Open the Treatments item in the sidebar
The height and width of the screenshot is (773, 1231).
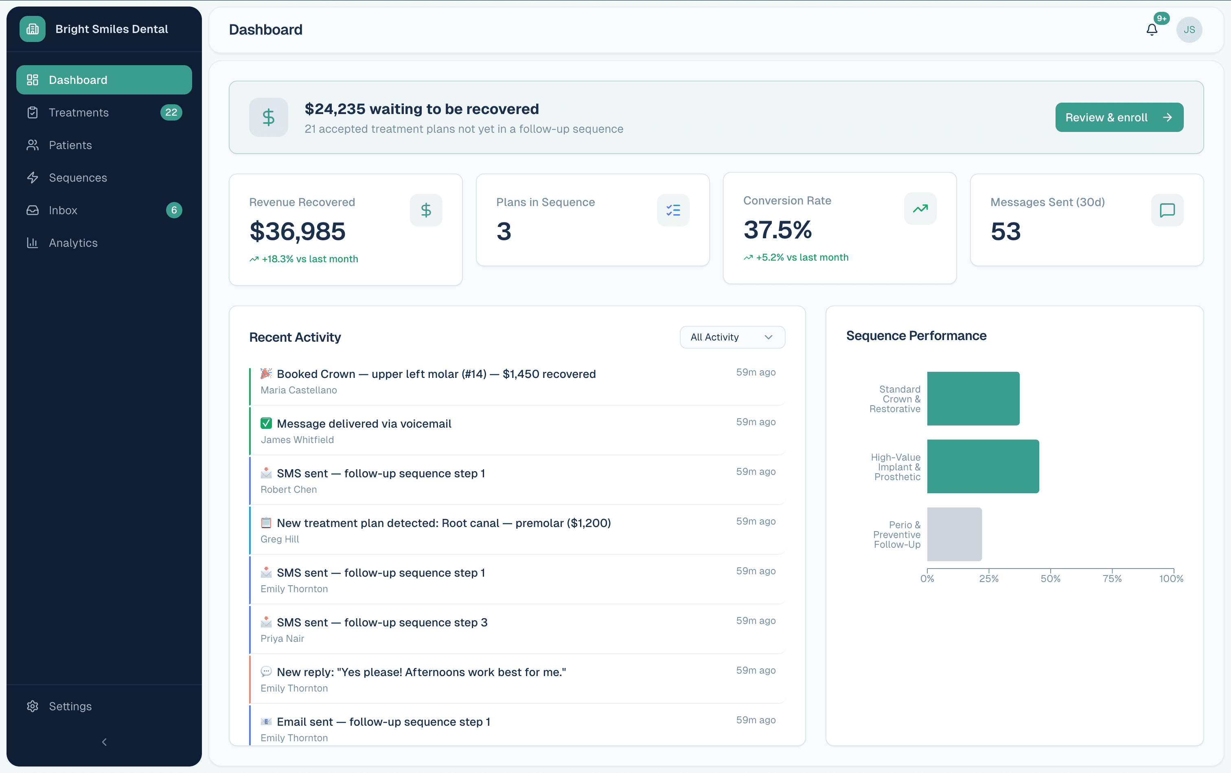click(79, 112)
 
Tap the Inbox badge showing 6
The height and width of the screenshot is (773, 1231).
click(174, 210)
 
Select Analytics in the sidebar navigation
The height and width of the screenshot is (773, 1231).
click(73, 243)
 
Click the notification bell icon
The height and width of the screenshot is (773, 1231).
click(1151, 30)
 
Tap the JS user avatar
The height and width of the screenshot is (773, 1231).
click(1189, 30)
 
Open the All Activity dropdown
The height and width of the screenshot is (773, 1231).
click(732, 337)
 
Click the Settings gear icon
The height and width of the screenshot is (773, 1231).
click(33, 706)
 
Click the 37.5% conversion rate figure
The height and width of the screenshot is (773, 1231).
click(777, 230)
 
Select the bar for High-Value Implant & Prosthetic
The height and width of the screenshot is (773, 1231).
click(983, 466)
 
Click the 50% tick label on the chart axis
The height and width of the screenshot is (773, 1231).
click(1050, 579)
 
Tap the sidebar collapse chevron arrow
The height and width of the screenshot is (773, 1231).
click(104, 742)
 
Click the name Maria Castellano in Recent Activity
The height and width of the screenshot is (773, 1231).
click(298, 390)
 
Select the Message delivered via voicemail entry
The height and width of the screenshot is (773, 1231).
click(364, 424)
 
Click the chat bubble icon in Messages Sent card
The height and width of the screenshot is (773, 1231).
click(1167, 210)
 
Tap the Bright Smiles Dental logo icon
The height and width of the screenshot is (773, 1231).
click(33, 29)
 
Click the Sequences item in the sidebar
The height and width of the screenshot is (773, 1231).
click(78, 178)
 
